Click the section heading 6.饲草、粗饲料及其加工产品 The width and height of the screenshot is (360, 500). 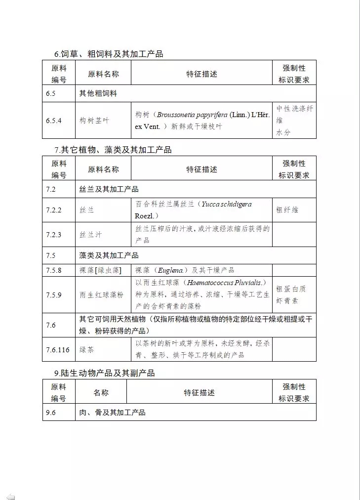tap(109, 54)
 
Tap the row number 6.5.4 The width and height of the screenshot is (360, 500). tap(54, 121)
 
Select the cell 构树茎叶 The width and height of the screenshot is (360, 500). tap(94, 121)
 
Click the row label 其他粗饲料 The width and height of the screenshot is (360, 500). tap(98, 93)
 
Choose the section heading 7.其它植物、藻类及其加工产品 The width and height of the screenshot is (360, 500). tap(113, 150)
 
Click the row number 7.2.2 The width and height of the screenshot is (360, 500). tap(54, 210)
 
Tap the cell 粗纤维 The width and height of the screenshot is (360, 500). tap(287, 210)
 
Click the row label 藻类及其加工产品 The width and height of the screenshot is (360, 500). tap(109, 255)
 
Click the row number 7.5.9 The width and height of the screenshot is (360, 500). tap(54, 295)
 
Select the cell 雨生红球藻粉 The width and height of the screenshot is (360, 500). tap(102, 295)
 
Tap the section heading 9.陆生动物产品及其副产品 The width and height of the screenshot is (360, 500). tap(104, 373)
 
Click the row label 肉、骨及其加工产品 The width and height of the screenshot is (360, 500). tap(113, 412)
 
